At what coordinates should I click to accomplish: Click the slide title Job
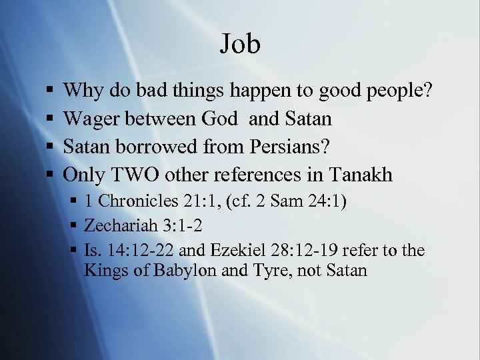click(x=240, y=45)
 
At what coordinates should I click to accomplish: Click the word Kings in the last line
click(x=102, y=271)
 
